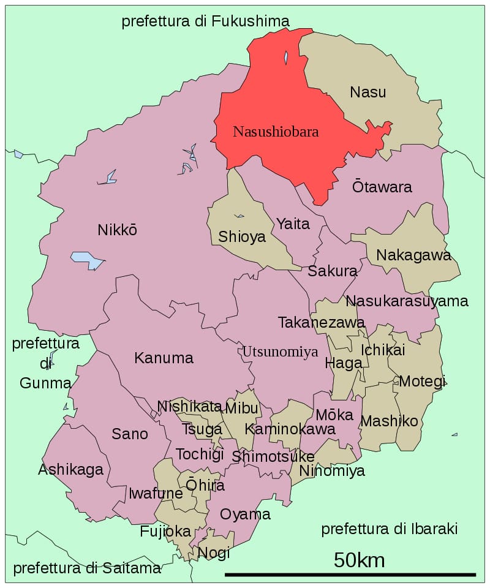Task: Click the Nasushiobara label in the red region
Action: (276, 131)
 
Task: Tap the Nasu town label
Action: (368, 92)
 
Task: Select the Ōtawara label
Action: (382, 187)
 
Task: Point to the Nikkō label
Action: (117, 230)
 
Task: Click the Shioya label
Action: (242, 236)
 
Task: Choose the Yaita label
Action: (293, 224)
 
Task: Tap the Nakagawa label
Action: (413, 255)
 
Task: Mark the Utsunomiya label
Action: (280, 352)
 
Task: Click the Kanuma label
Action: (164, 358)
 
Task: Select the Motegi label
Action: (422, 381)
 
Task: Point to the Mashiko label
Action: (389, 421)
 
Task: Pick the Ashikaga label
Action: (70, 470)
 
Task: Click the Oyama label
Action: (245, 514)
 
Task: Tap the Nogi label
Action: (214, 552)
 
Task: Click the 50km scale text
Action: (359, 560)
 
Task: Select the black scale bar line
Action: (350, 575)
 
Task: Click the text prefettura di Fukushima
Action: (205, 21)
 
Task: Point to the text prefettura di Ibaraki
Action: (390, 529)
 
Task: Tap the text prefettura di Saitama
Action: (87, 568)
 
